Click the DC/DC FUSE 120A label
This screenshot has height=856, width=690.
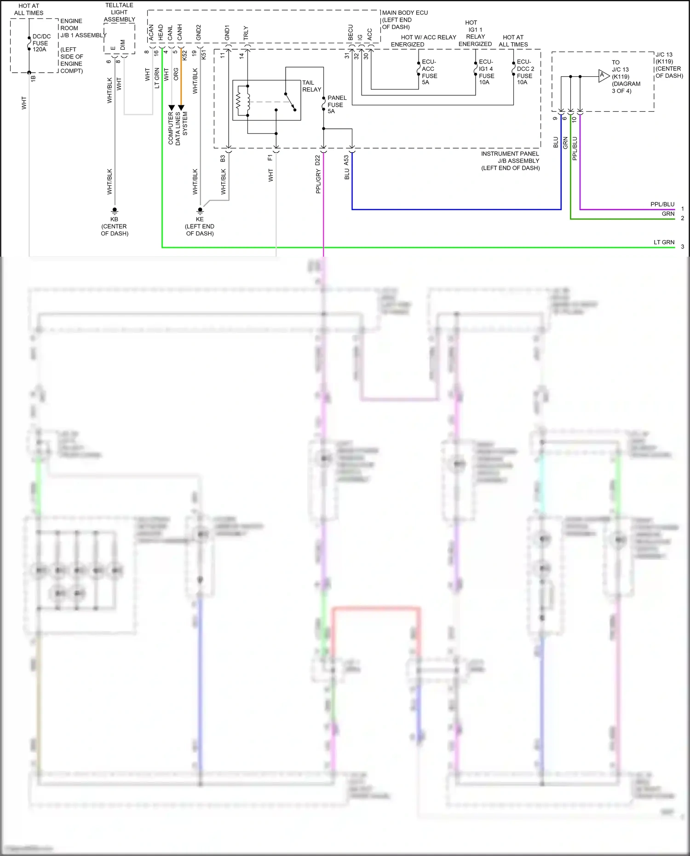tap(41, 43)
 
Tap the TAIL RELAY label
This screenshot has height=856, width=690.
tap(311, 86)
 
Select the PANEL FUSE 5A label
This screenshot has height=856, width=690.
tap(336, 104)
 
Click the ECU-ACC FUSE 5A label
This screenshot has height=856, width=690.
tap(429, 72)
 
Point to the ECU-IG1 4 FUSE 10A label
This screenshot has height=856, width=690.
tap(486, 72)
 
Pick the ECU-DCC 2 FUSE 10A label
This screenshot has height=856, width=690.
tap(525, 72)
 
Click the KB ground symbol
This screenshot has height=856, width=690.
tap(115, 210)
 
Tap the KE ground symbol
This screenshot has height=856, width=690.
tap(200, 210)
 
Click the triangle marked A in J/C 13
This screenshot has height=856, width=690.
tap(603, 76)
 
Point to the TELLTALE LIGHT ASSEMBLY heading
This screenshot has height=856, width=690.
tap(119, 12)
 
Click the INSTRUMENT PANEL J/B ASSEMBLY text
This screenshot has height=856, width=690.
tap(510, 161)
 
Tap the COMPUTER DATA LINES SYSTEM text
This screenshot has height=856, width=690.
tap(178, 128)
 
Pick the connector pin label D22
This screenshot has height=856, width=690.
tap(317, 160)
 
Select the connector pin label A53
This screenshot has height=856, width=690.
tap(346, 160)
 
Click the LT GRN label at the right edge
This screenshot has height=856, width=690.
tap(664, 242)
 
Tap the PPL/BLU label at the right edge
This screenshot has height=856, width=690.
tap(662, 204)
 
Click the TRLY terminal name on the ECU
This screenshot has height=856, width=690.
tap(246, 33)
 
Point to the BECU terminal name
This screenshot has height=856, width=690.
tap(351, 33)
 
